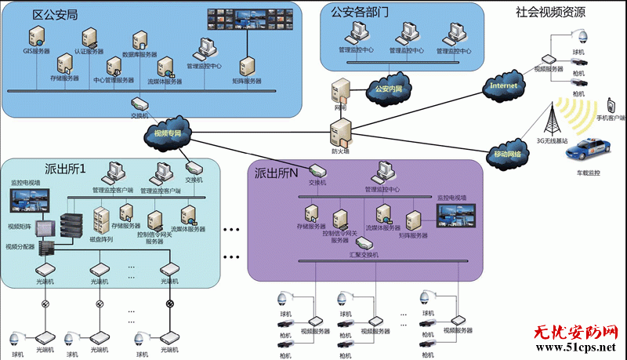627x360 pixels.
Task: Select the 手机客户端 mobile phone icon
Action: pyautogui.click(x=610, y=105)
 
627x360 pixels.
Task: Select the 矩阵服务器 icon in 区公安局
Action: pyautogui.click(x=246, y=65)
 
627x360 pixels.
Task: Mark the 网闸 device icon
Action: pyautogui.click(x=339, y=91)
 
